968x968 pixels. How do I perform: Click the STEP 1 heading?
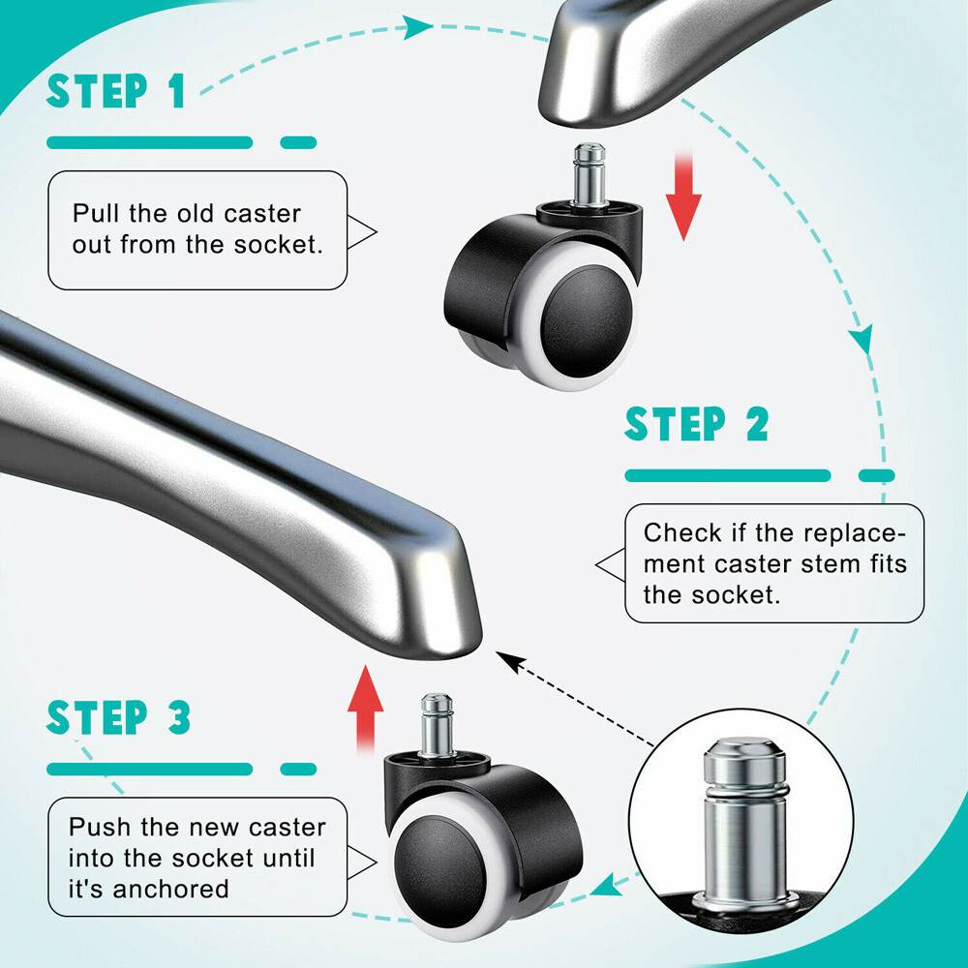(x=116, y=91)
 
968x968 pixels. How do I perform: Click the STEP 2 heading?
(x=697, y=424)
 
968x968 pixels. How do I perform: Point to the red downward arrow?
(x=683, y=196)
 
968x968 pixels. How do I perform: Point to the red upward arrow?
(x=366, y=709)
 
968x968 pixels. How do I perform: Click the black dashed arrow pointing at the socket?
(x=575, y=699)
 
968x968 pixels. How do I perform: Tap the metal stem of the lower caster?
(x=437, y=725)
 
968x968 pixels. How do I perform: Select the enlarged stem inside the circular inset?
(x=745, y=821)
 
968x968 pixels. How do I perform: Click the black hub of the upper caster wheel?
(x=587, y=321)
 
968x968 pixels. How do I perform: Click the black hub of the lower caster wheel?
(x=440, y=871)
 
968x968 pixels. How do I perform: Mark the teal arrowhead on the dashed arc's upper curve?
(x=416, y=27)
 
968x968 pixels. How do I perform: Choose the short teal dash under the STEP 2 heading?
(x=877, y=475)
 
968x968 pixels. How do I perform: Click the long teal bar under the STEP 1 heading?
(x=149, y=142)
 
